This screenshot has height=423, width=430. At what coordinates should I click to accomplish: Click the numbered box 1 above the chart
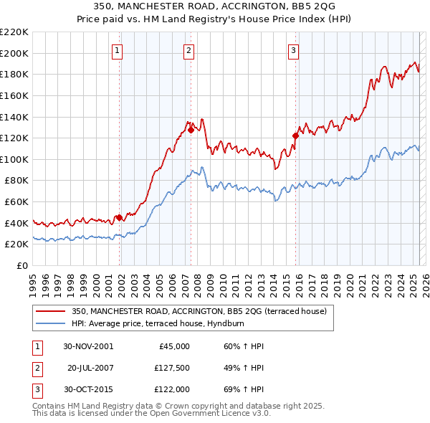(117, 50)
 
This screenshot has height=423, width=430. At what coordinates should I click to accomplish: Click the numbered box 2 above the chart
(188, 50)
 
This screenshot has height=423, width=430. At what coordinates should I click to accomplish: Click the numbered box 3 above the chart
(294, 50)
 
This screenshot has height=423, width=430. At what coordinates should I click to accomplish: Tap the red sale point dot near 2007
(191, 130)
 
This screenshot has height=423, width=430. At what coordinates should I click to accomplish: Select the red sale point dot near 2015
(295, 136)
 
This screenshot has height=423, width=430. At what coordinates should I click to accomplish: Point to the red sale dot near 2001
(119, 217)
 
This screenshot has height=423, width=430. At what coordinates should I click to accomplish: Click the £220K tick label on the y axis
(14, 32)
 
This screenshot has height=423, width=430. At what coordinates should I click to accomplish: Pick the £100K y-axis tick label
(14, 159)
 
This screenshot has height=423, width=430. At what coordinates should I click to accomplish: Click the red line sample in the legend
(50, 311)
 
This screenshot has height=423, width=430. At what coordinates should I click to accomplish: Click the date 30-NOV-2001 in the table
(88, 346)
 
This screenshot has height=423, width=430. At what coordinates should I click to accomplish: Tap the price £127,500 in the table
(171, 367)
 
